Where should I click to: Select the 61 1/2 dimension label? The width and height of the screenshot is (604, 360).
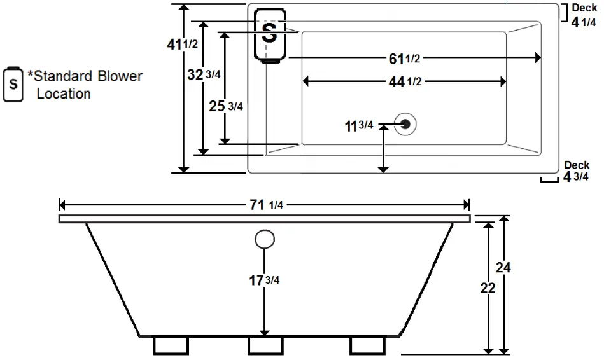pyautogui.click(x=404, y=59)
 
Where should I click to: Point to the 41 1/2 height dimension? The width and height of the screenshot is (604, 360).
pyautogui.click(x=181, y=45)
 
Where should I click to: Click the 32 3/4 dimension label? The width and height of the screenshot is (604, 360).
pyautogui.click(x=204, y=74)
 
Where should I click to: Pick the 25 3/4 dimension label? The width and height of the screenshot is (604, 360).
pyautogui.click(x=226, y=106)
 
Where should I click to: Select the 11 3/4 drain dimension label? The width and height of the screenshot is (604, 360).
pyautogui.click(x=358, y=126)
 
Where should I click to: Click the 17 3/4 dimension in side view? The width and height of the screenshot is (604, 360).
pyautogui.click(x=264, y=280)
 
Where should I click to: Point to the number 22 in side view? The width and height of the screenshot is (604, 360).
pyautogui.click(x=488, y=288)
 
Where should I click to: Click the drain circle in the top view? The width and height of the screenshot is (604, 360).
pyautogui.click(x=405, y=123)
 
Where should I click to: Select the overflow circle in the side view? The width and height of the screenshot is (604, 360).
pyautogui.click(x=265, y=240)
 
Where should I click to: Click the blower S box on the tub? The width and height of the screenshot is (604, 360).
pyautogui.click(x=270, y=35)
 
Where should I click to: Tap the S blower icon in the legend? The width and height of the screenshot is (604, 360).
pyautogui.click(x=13, y=84)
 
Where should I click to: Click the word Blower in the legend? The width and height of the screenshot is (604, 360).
pyautogui.click(x=120, y=77)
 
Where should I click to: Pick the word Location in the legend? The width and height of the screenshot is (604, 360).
pyautogui.click(x=63, y=94)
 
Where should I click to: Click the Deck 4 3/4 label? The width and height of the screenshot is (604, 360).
pyautogui.click(x=576, y=172)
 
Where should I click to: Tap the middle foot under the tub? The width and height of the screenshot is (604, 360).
pyautogui.click(x=265, y=345)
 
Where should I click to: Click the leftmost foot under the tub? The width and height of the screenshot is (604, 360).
pyautogui.click(x=171, y=345)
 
